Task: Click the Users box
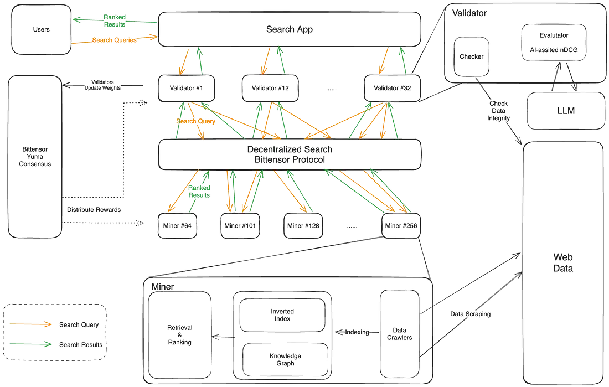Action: point(42,30)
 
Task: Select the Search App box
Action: point(290,30)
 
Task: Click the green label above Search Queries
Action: point(115,21)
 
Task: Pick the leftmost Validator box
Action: point(178,89)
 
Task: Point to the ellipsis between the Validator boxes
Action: point(330,89)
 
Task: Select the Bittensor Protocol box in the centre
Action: point(290,154)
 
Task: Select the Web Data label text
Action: point(564,264)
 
